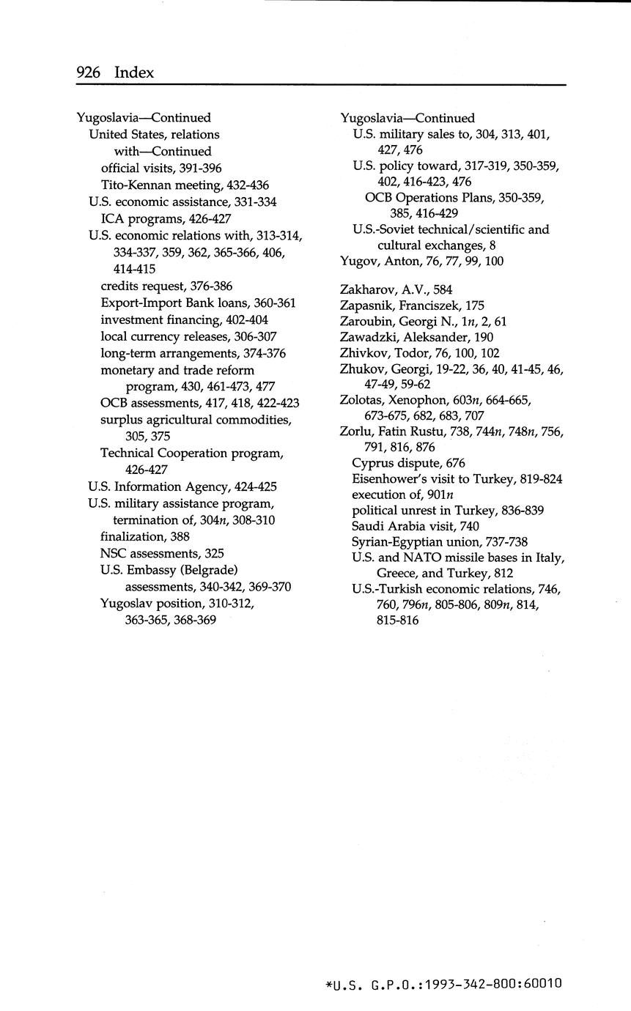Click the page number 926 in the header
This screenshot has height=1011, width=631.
[91, 72]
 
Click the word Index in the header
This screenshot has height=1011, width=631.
[135, 72]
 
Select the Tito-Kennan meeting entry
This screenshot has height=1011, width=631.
[185, 185]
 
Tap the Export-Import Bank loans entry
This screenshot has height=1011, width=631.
[198, 303]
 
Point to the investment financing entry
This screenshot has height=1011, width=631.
[184, 319]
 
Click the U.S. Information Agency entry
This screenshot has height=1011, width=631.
[182, 486]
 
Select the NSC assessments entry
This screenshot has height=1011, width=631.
[162, 553]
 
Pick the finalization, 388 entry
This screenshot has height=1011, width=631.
[145, 536]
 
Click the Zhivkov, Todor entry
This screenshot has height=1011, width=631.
[420, 352]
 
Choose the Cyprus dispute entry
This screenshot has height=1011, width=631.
[408, 463]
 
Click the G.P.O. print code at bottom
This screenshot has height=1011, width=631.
[443, 983]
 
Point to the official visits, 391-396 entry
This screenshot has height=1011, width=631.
[161, 168]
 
